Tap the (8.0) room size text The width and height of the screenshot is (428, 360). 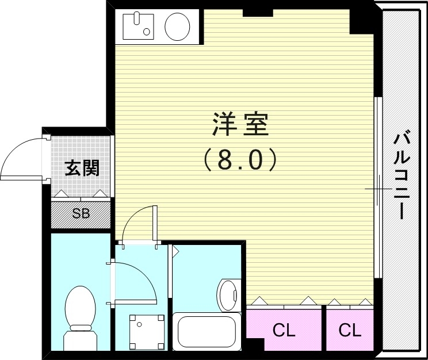coord(240,160)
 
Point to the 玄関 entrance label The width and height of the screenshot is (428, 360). coord(82,168)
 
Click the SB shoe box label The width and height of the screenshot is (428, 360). coord(81,215)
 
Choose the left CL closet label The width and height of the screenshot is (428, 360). coord(284,331)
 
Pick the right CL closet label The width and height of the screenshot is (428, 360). coord(350,331)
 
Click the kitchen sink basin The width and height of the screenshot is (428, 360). coord(138,26)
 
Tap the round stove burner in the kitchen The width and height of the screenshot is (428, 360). coord(178,26)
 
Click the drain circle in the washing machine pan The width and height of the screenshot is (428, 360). coord(139,324)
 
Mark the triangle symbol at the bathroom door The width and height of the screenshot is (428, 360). coord(176,251)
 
